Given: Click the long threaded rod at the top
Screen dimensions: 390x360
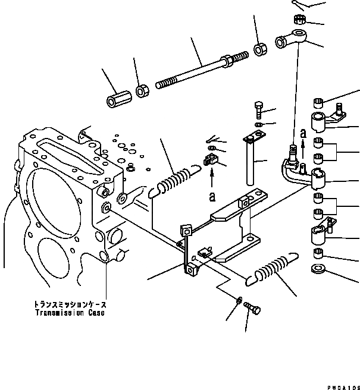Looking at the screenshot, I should tap(196, 70).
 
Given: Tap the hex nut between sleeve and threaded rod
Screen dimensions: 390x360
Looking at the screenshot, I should tap(142, 91).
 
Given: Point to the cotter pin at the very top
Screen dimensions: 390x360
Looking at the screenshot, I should tap(300, 5).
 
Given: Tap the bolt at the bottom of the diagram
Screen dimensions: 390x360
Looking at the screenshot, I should tap(253, 309).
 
